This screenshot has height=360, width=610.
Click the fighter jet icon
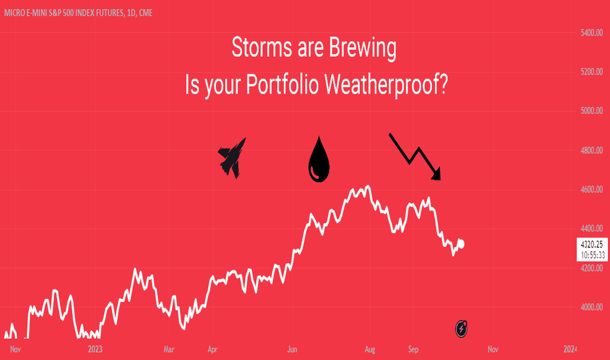pyautogui.click(x=232, y=158)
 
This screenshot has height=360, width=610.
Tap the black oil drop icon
pyautogui.click(x=319, y=160)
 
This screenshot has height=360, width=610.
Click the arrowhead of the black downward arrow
pyautogui.click(x=437, y=175)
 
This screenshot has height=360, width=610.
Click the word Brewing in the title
pyautogui.click(x=363, y=48)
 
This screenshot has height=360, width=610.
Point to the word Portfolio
pyautogui.click(x=283, y=84)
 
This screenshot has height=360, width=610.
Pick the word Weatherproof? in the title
pyautogui.click(x=386, y=84)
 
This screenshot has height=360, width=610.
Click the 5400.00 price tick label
pyautogui.click(x=591, y=33)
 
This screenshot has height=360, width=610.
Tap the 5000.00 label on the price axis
pyautogui.click(x=591, y=111)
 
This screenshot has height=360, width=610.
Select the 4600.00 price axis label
pyautogui.click(x=591, y=190)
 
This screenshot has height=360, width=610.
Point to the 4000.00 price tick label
pyautogui.click(x=591, y=307)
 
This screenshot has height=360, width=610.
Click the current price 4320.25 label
pyautogui.click(x=592, y=244)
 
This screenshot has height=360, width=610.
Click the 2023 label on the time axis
pyautogui.click(x=96, y=349)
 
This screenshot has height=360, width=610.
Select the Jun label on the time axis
pyautogui.click(x=292, y=349)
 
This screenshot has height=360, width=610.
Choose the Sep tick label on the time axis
pyautogui.click(x=414, y=349)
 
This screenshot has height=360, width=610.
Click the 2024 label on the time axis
pyautogui.click(x=569, y=349)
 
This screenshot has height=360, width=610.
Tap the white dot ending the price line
pyautogui.click(x=461, y=244)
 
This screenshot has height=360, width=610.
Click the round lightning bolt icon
pyautogui.click(x=461, y=329)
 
